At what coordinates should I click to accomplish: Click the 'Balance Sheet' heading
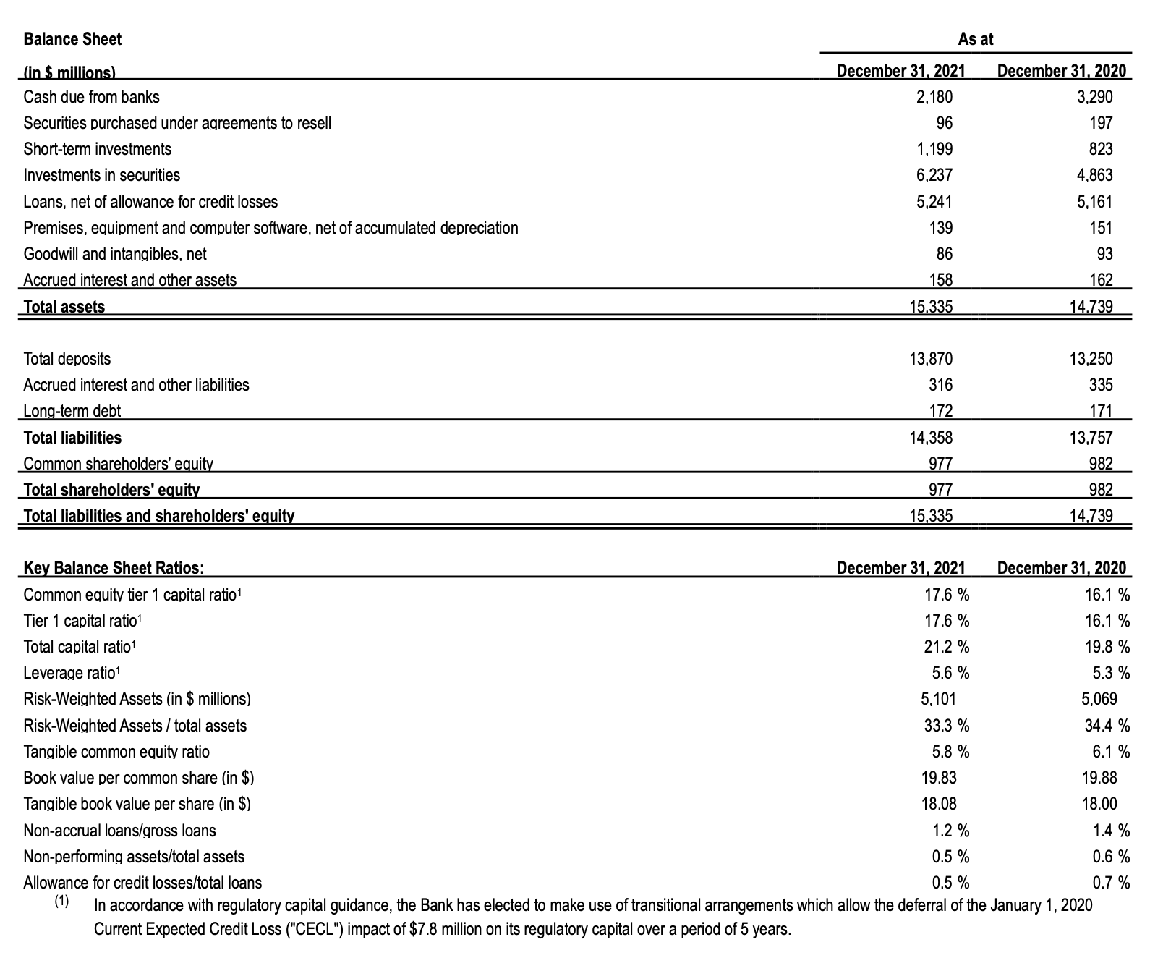tap(72, 39)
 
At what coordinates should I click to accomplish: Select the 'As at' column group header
tap(975, 40)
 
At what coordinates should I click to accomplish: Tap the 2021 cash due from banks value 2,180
tap(934, 97)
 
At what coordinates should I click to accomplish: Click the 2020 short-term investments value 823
tap(1100, 149)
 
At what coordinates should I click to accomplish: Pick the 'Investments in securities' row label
tap(102, 175)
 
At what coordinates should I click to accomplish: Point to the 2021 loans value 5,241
tap(934, 202)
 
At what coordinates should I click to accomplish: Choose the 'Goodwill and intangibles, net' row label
tap(115, 254)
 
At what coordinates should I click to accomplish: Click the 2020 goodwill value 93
tap(1104, 254)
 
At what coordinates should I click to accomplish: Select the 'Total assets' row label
tap(64, 307)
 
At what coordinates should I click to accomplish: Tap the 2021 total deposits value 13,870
tap(930, 359)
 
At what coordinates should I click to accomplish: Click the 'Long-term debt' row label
tap(72, 412)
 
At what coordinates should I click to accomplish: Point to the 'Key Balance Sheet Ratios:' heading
tap(114, 568)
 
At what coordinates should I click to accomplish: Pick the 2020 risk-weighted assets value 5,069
tap(1099, 699)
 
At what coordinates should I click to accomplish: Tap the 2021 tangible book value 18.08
tap(939, 804)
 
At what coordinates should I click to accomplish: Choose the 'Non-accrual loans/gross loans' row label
tap(120, 831)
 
